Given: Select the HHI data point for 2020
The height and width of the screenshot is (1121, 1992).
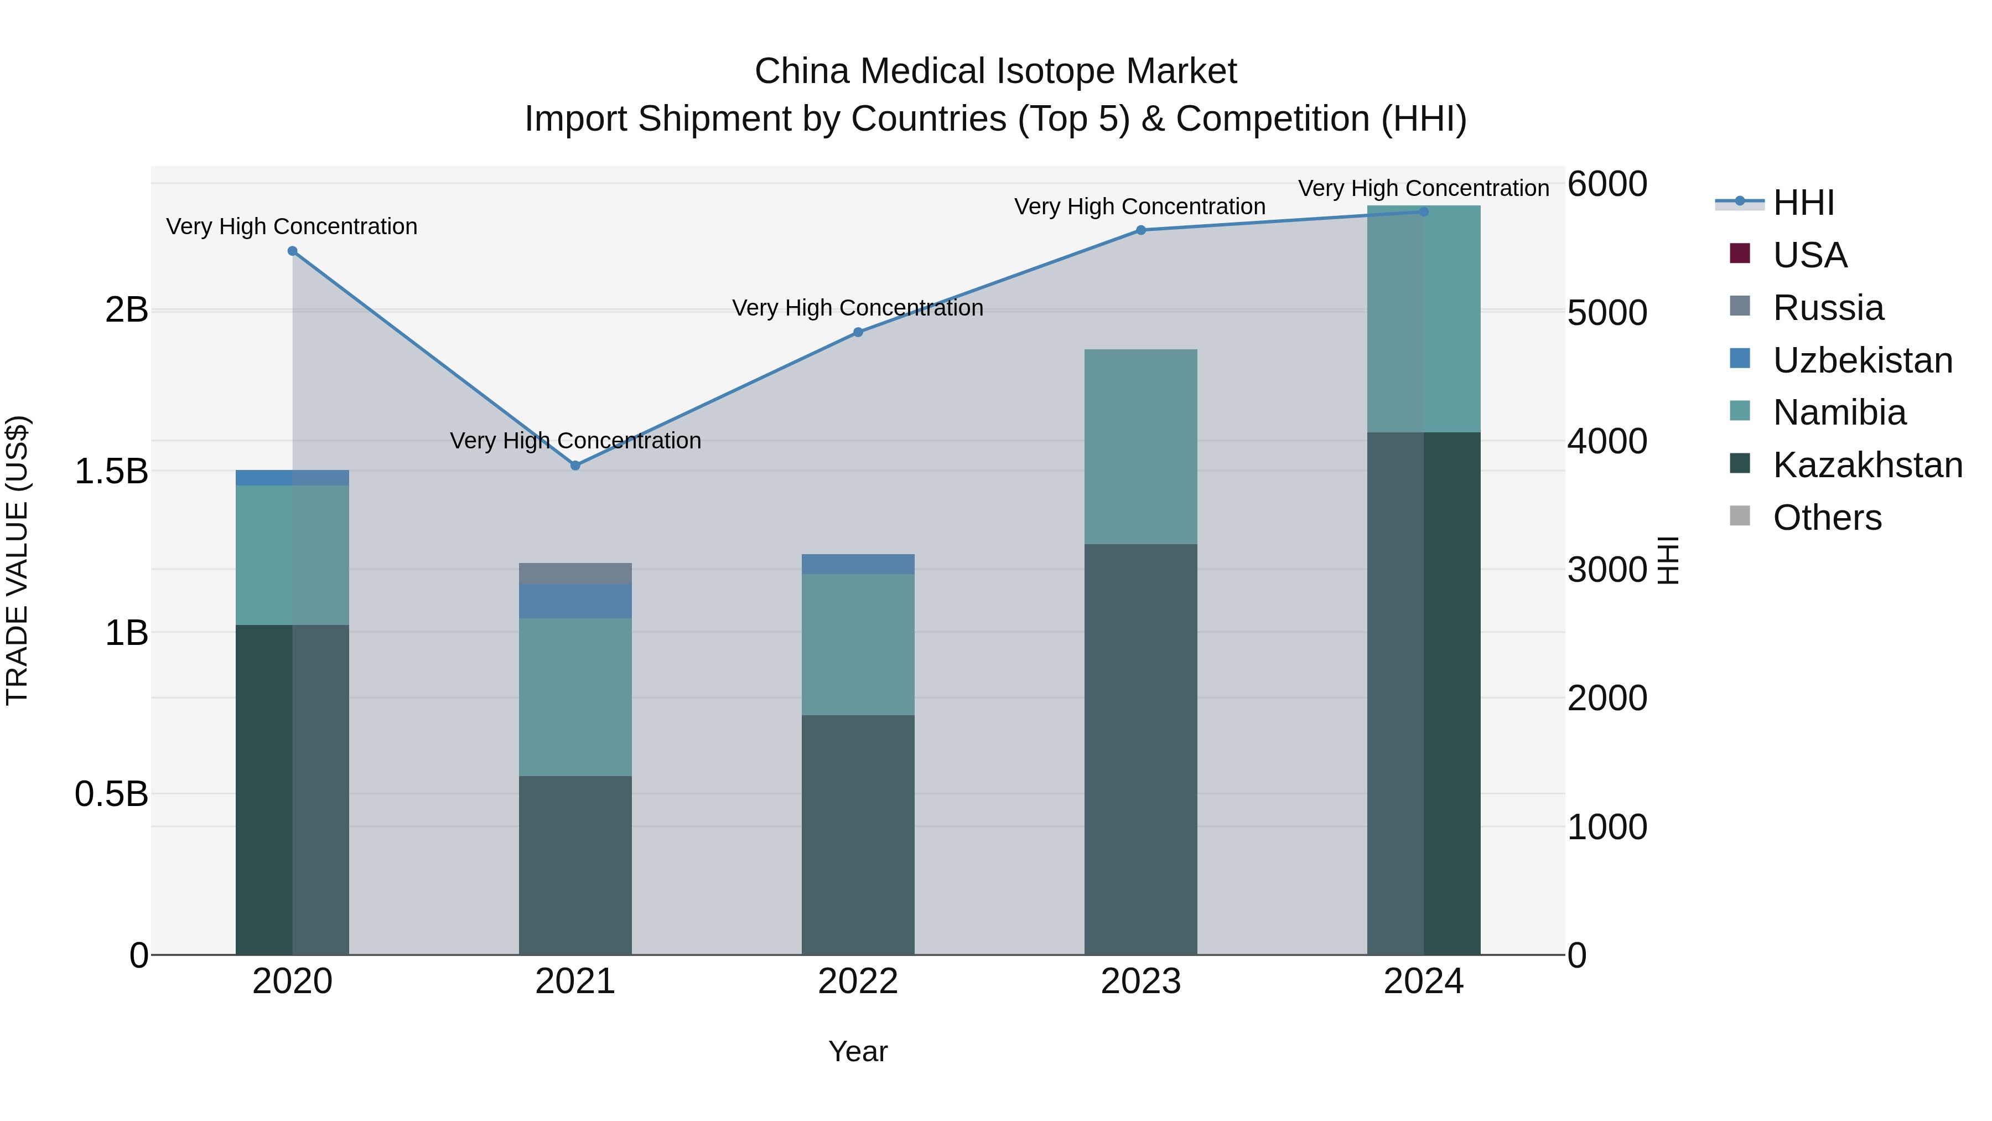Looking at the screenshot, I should point(292,251).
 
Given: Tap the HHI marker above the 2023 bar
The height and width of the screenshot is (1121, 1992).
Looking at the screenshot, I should point(1140,230).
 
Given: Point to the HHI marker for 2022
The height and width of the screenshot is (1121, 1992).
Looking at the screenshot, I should point(858,332).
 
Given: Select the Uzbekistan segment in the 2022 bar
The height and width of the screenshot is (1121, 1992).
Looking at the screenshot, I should point(858,564).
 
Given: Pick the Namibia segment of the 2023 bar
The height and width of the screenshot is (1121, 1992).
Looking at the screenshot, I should point(1140,446).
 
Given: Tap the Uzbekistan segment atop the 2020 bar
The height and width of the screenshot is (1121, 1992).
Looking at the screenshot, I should point(292,477).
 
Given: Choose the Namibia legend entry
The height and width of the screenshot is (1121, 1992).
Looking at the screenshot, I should point(1839,412).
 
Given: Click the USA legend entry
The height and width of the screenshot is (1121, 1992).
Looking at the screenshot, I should point(1809,255).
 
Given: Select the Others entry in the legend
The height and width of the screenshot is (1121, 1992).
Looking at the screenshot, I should point(1827,518).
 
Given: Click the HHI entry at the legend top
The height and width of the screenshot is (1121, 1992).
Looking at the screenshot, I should point(1803,203).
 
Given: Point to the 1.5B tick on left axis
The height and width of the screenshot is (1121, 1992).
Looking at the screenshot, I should point(111,471).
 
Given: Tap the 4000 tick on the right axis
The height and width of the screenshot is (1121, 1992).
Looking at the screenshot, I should point(1607,441).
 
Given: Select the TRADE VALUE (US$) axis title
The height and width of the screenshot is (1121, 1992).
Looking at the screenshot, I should point(17,560).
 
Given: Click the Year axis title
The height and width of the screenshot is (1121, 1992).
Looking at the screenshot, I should point(858,1051).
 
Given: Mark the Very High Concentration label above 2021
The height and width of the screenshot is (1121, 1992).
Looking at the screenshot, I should point(575,440).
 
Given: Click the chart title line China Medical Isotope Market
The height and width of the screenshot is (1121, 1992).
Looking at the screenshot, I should point(995,71).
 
